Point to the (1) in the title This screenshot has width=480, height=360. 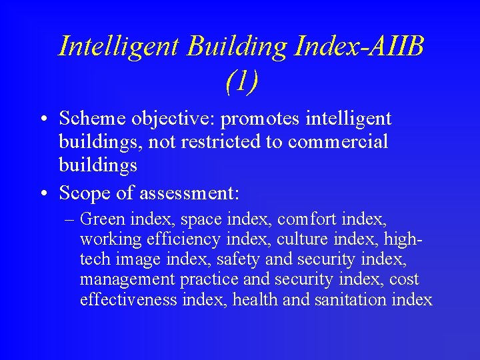(241, 81)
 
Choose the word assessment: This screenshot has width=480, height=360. (190, 194)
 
